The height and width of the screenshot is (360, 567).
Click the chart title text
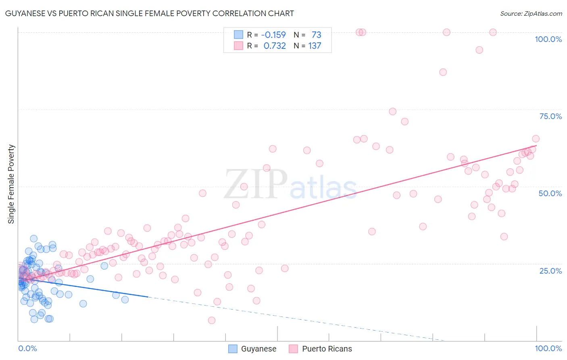[149, 13]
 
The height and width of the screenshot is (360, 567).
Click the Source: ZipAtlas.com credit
[531, 13]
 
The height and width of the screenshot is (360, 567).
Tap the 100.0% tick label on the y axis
[548, 39]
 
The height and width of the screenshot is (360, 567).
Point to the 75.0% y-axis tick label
[550, 116]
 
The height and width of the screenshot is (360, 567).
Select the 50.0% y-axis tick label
[550, 193]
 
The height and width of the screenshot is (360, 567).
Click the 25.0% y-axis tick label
[550, 270]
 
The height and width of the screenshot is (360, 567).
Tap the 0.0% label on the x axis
[27, 348]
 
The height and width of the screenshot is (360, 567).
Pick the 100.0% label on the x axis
[548, 348]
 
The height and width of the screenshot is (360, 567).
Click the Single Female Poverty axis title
[11, 184]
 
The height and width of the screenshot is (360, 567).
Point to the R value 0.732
[275, 46]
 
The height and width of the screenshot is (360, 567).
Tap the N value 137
[315, 46]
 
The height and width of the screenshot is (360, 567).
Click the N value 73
[316, 35]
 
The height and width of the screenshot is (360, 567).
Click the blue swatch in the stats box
[239, 35]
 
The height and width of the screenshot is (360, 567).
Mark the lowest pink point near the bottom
[212, 320]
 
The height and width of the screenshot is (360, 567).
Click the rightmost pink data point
[536, 139]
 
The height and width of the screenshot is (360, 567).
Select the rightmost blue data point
[125, 299]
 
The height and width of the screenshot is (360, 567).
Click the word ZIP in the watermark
[256, 184]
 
